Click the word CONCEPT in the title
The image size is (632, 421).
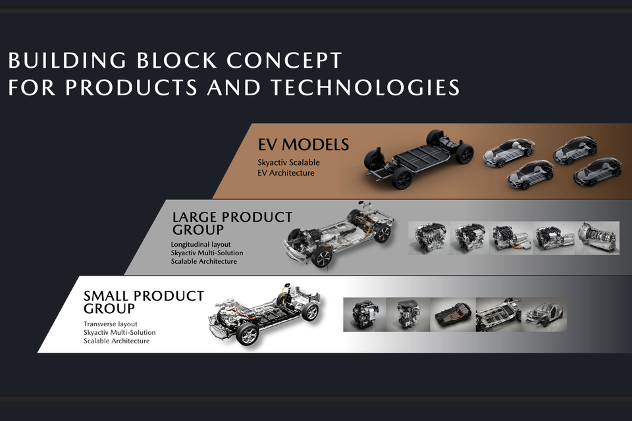click(284, 61)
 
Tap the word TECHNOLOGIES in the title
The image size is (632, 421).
click(365, 87)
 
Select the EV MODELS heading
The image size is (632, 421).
click(303, 145)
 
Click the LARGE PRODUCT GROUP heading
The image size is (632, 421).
click(232, 223)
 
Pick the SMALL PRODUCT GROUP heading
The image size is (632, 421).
click(144, 302)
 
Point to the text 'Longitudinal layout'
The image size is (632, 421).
click(201, 244)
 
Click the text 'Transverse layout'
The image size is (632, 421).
click(111, 324)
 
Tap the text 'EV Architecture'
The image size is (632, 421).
click(286, 173)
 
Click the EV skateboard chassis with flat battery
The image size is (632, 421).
click(419, 159)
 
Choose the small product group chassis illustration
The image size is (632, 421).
click(265, 314)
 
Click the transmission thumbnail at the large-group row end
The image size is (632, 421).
click(598, 237)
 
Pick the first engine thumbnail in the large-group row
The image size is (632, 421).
click(429, 237)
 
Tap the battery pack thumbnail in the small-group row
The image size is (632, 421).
click(453, 314)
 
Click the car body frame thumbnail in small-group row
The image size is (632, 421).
click(544, 314)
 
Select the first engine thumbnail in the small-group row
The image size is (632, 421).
click(365, 314)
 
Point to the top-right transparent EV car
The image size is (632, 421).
click(575, 150)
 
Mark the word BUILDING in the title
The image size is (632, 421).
click(67, 61)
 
